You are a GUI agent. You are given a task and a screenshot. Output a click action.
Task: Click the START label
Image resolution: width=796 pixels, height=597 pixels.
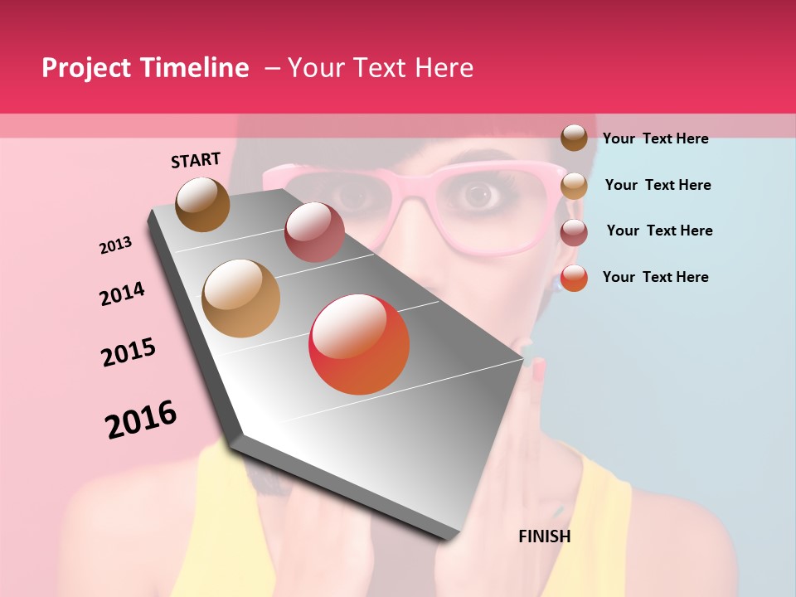[196, 160]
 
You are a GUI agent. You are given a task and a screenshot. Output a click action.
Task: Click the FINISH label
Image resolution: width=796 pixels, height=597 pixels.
[544, 536]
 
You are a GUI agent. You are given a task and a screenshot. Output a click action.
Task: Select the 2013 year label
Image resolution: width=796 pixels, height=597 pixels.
[116, 245]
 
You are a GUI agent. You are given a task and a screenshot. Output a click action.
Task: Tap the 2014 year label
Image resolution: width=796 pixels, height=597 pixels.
[122, 294]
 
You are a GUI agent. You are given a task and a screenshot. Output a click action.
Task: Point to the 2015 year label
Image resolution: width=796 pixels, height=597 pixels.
[129, 352]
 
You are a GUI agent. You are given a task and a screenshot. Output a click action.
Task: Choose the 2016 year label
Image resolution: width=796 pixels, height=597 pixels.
[141, 420]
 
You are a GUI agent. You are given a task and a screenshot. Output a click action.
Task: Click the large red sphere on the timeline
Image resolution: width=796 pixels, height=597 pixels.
[359, 344]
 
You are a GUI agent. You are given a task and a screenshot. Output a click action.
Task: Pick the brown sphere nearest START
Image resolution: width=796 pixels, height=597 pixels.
[202, 204]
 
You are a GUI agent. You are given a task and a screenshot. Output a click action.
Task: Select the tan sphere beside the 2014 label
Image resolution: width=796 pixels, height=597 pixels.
[240, 298]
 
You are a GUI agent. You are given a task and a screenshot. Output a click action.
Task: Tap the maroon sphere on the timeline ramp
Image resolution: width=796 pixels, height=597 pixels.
[314, 232]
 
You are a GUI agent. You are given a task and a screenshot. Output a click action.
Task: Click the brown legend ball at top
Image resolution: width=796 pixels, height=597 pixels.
[574, 138]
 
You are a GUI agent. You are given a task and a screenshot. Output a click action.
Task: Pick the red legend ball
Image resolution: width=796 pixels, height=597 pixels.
[574, 278]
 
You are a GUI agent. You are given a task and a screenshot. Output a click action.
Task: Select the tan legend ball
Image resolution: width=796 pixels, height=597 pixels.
[574, 186]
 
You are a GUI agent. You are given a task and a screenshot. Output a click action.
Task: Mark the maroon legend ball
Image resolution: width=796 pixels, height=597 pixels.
[574, 232]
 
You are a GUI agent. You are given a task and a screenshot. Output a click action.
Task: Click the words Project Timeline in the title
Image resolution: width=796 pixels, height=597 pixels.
[145, 68]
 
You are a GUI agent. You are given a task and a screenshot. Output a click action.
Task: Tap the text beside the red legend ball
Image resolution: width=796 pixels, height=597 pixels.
[655, 277]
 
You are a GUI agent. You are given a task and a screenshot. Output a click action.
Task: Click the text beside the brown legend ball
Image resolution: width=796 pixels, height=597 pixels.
[655, 138]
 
